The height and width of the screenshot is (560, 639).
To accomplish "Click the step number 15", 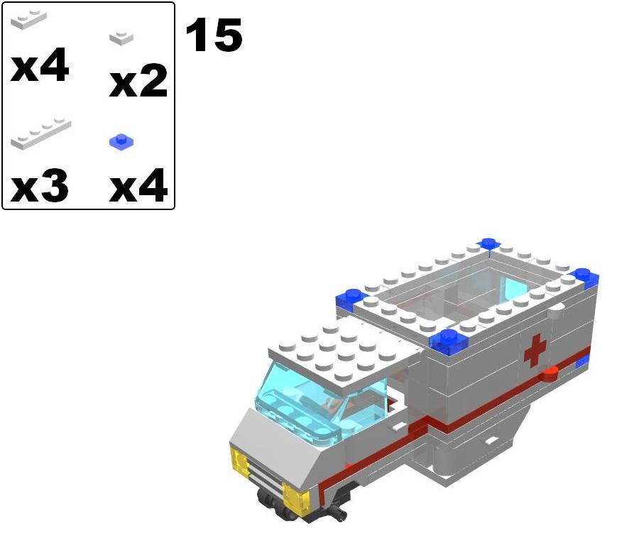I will click(213, 35).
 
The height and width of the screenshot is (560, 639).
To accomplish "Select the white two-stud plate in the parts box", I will click(29, 21).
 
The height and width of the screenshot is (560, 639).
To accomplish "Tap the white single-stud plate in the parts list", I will click(121, 38).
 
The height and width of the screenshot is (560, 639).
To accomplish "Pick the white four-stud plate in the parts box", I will click(41, 135).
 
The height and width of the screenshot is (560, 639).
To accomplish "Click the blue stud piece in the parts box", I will click(121, 142).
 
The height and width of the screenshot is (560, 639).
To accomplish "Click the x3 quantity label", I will click(40, 187).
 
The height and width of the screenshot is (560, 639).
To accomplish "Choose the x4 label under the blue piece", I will click(138, 187).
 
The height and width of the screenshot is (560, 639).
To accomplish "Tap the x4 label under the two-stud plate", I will click(40, 67).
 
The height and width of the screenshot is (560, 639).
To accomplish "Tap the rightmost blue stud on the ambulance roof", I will click(585, 278).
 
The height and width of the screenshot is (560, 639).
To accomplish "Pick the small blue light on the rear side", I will click(582, 363).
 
